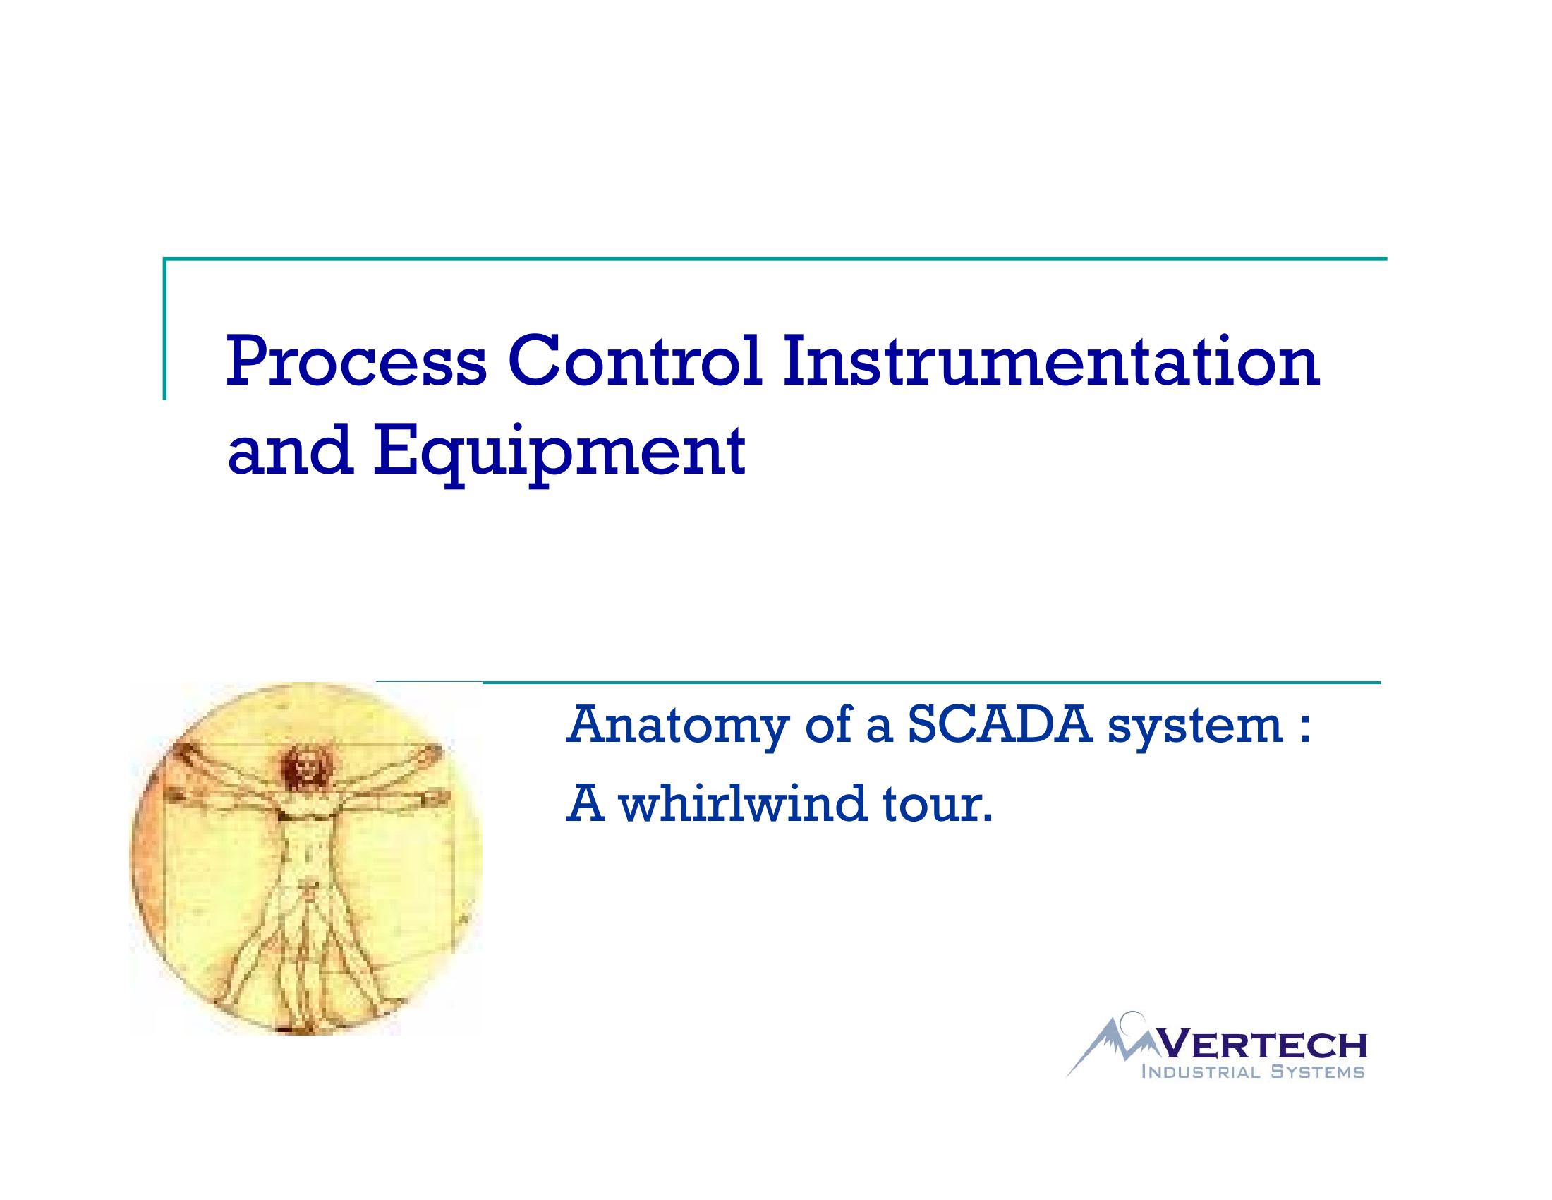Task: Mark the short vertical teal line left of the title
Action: click(x=165, y=328)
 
